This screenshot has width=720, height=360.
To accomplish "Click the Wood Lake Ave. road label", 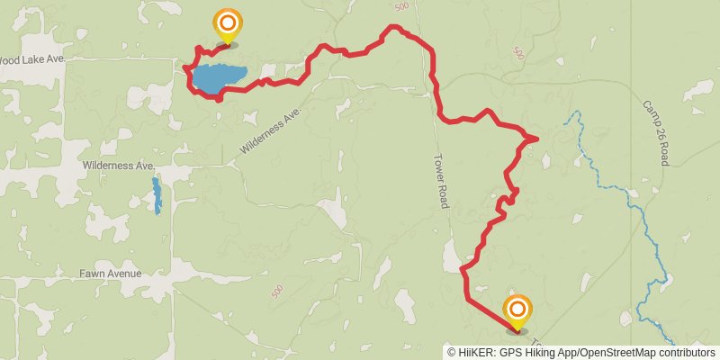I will coord(32,59).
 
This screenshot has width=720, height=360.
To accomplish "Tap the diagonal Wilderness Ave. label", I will coord(269,132).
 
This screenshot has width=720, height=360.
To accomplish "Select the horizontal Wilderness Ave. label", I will coord(119,166).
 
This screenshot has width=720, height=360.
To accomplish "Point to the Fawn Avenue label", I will coord(110,273).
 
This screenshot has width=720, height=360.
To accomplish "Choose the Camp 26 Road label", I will coord(654,131).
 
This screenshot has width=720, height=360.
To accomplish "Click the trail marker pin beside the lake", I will coord(228,25).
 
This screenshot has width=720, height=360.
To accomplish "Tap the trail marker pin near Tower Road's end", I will coord(517,312).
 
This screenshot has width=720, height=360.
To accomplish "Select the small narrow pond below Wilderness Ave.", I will coord(157,194).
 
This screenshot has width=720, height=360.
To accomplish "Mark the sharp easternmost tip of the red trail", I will coord(537,138).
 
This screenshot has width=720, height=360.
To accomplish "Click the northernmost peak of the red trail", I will coord(393,28).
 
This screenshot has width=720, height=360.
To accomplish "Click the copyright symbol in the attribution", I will coord(451,352).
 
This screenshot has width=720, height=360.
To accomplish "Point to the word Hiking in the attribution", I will coord(535,352).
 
